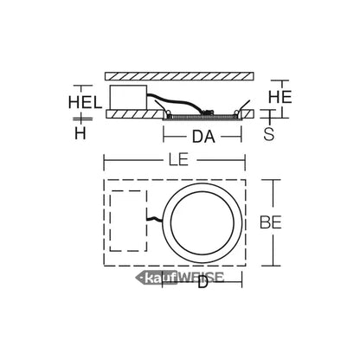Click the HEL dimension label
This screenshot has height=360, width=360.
click(x=85, y=102)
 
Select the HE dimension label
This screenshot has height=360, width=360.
click(x=280, y=97)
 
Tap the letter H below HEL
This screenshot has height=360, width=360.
click(x=80, y=133)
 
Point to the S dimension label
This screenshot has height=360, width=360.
click(x=269, y=133)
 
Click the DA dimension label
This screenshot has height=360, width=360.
click(x=203, y=137)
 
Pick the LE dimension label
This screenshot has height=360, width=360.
click(x=178, y=159)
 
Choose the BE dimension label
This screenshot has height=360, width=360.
click(x=270, y=222)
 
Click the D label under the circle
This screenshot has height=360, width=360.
click(x=202, y=282)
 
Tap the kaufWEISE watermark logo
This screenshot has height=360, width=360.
click(x=180, y=278)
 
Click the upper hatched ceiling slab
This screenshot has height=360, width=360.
click(x=179, y=76)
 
